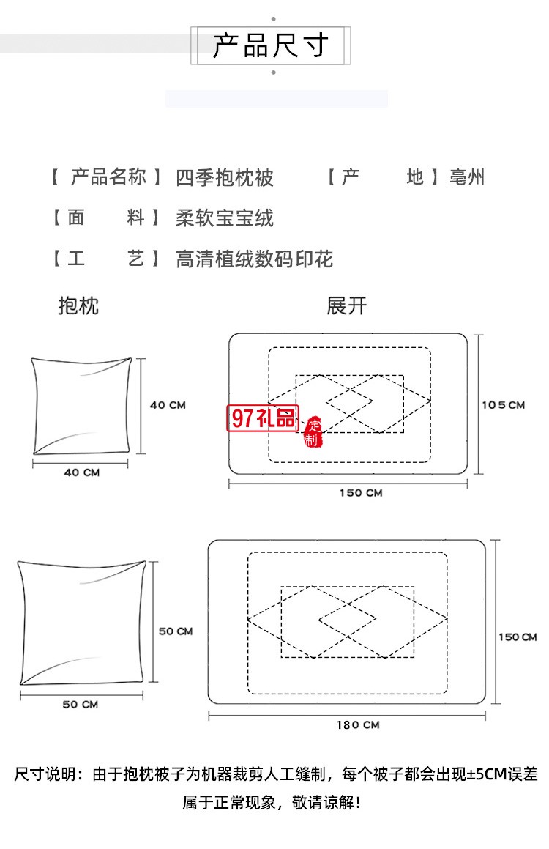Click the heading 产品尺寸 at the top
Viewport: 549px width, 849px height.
pos(270,45)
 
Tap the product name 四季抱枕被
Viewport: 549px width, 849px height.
pos(225,177)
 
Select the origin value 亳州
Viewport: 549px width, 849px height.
pos(467,177)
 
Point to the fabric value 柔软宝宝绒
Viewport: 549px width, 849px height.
pos(225,218)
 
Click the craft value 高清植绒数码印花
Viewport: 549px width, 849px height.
pos(254,259)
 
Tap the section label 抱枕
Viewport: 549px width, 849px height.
pos(78,305)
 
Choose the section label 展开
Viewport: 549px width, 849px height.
pos(346,305)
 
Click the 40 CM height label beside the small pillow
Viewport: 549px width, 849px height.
pos(168,405)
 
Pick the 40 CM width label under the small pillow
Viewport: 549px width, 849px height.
pos(81,472)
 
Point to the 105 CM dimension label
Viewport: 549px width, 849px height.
pos(504,405)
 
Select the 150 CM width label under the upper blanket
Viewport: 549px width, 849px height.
pos(361,493)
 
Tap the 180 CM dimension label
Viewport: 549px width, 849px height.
pos(358,724)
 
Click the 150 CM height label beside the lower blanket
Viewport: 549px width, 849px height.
pos(518,637)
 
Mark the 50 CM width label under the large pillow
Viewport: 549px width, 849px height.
pos(80,705)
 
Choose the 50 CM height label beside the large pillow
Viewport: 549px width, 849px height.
pos(176,631)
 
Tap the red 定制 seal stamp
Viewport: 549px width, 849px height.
pos(313,432)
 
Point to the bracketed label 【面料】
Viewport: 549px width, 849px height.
pos(106,218)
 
